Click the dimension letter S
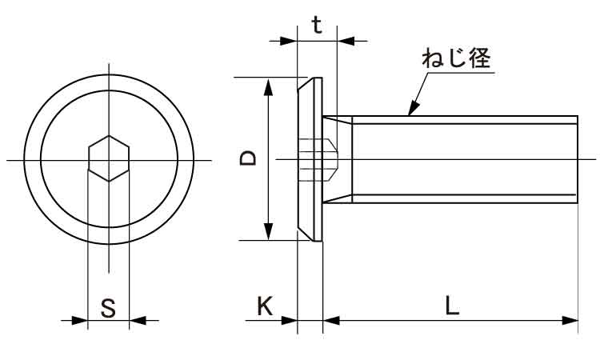click(x=108, y=306)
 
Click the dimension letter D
click(x=249, y=158)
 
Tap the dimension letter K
click(x=265, y=305)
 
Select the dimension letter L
click(x=452, y=305)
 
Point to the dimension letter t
click(x=317, y=26)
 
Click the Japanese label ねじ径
click(x=455, y=58)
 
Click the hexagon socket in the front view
click(x=108, y=159)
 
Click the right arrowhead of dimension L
click(x=570, y=321)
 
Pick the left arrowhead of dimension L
click(x=331, y=321)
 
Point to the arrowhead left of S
click(x=79, y=321)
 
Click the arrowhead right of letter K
click(x=290, y=321)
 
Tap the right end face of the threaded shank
click(x=577, y=159)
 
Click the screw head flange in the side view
click(x=310, y=159)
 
